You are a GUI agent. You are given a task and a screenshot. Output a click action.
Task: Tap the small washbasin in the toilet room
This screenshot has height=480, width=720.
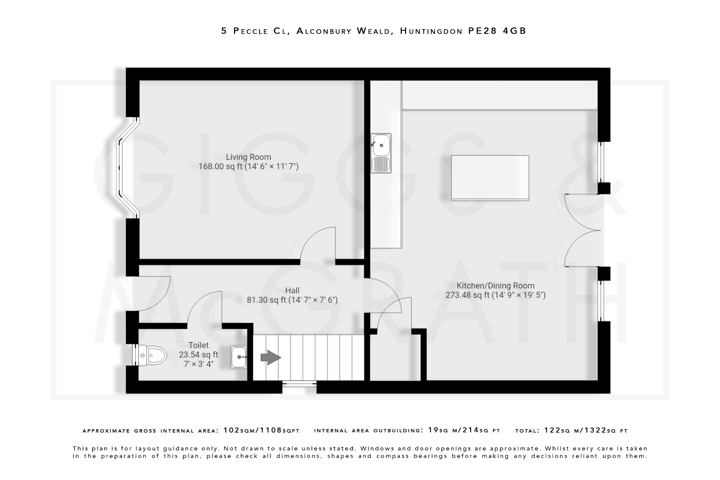coord(239,357)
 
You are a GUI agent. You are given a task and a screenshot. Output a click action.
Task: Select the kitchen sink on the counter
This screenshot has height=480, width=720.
coord(381,153)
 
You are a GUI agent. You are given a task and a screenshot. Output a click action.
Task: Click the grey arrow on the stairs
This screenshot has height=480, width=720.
coord(270,358)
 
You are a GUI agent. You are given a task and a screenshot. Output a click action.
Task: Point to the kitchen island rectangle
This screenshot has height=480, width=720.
coord(490,178)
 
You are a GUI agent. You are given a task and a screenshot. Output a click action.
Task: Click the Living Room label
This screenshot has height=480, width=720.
coord(248,157)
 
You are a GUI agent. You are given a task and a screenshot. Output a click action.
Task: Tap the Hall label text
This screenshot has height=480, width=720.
coord(292,290)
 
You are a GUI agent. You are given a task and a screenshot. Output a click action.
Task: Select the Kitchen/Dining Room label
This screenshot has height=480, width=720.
coord(495,286)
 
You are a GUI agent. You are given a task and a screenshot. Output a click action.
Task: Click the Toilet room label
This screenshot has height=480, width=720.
coord(198,345)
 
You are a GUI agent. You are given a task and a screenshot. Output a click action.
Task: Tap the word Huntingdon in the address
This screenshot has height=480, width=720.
coord(431,31)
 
